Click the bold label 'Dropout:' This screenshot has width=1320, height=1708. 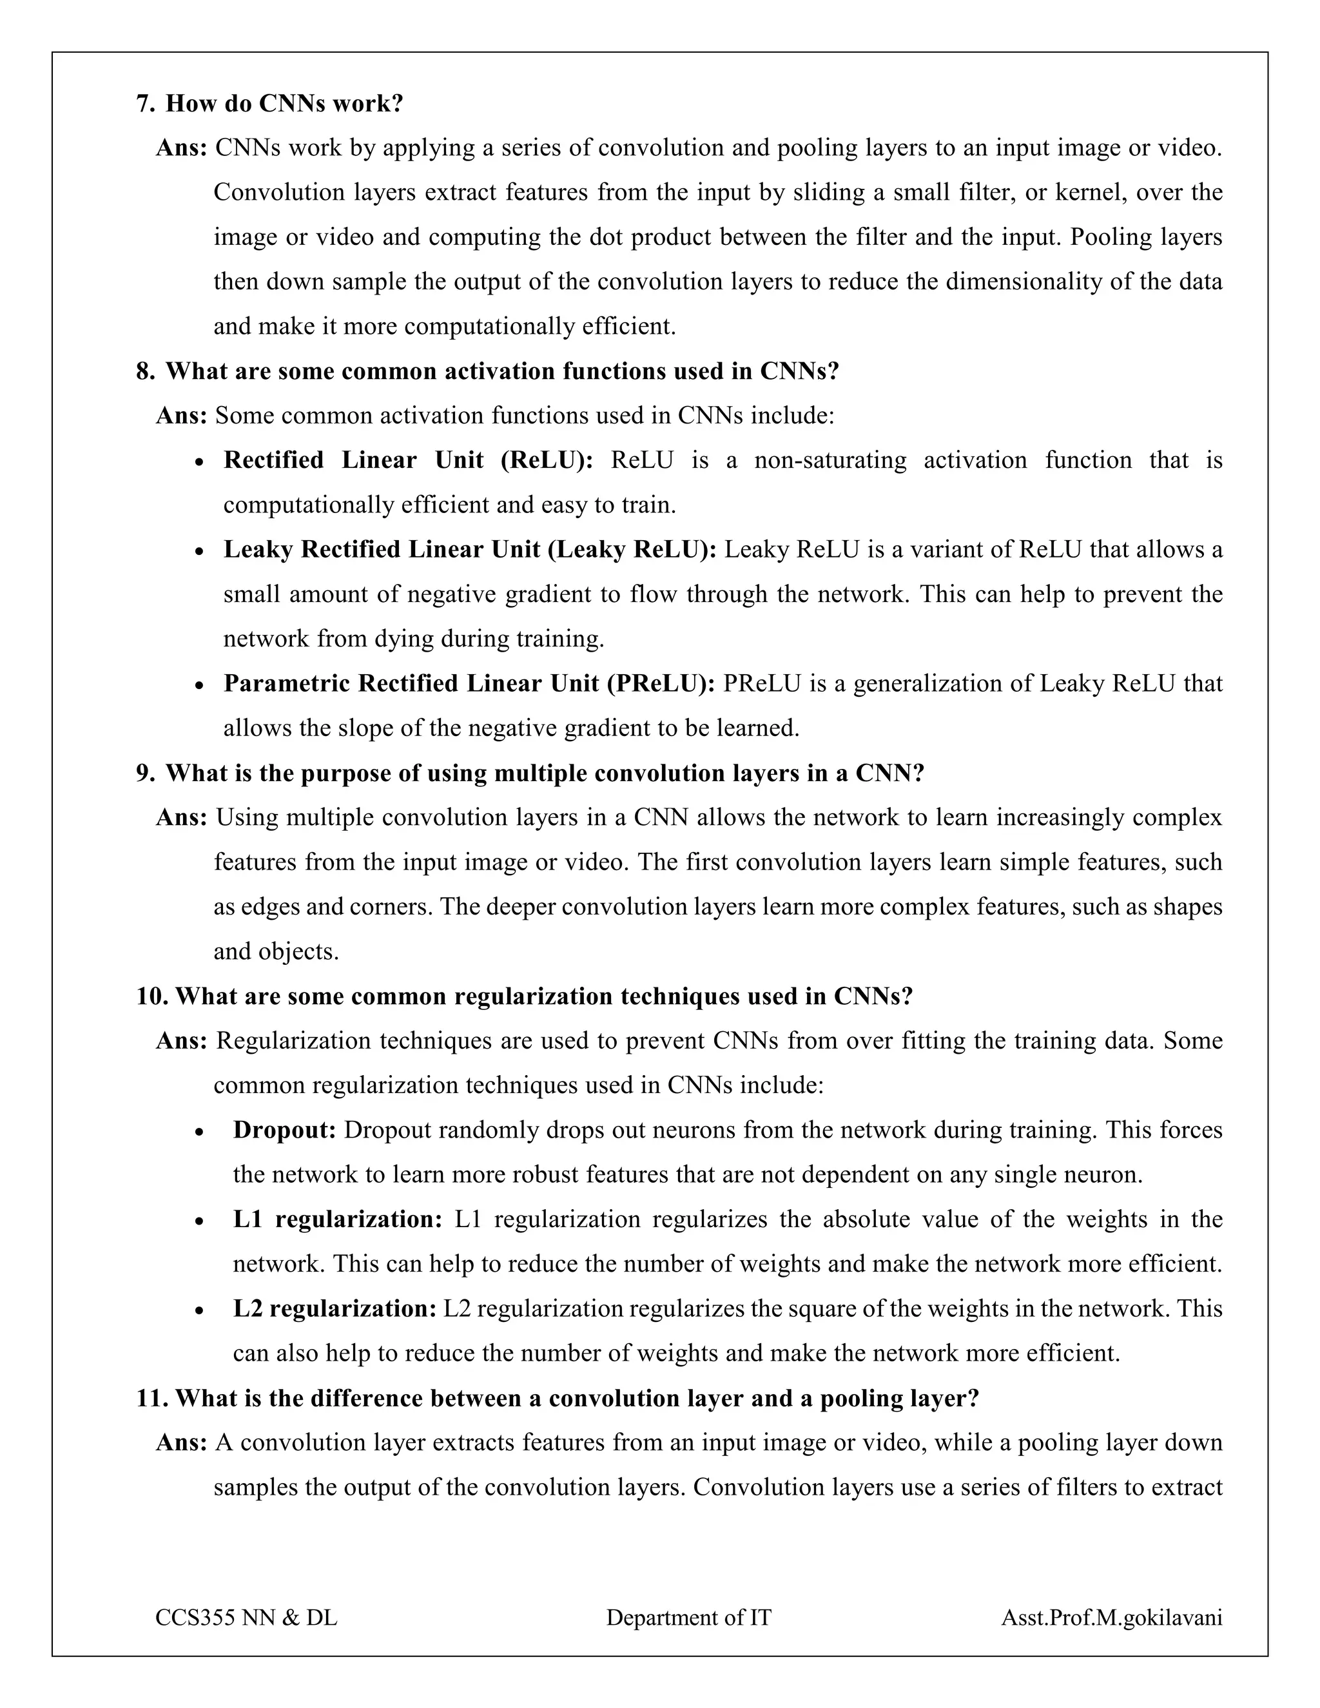coord(284,1130)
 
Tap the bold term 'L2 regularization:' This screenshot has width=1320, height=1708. coord(335,1308)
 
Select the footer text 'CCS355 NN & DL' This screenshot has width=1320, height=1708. coord(246,1617)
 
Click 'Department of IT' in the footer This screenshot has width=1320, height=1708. coord(688,1617)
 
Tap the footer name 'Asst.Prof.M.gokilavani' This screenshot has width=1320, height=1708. coord(1111,1617)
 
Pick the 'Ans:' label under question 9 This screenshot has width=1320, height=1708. coord(181,818)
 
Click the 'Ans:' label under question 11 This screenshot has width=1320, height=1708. coord(181,1443)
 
